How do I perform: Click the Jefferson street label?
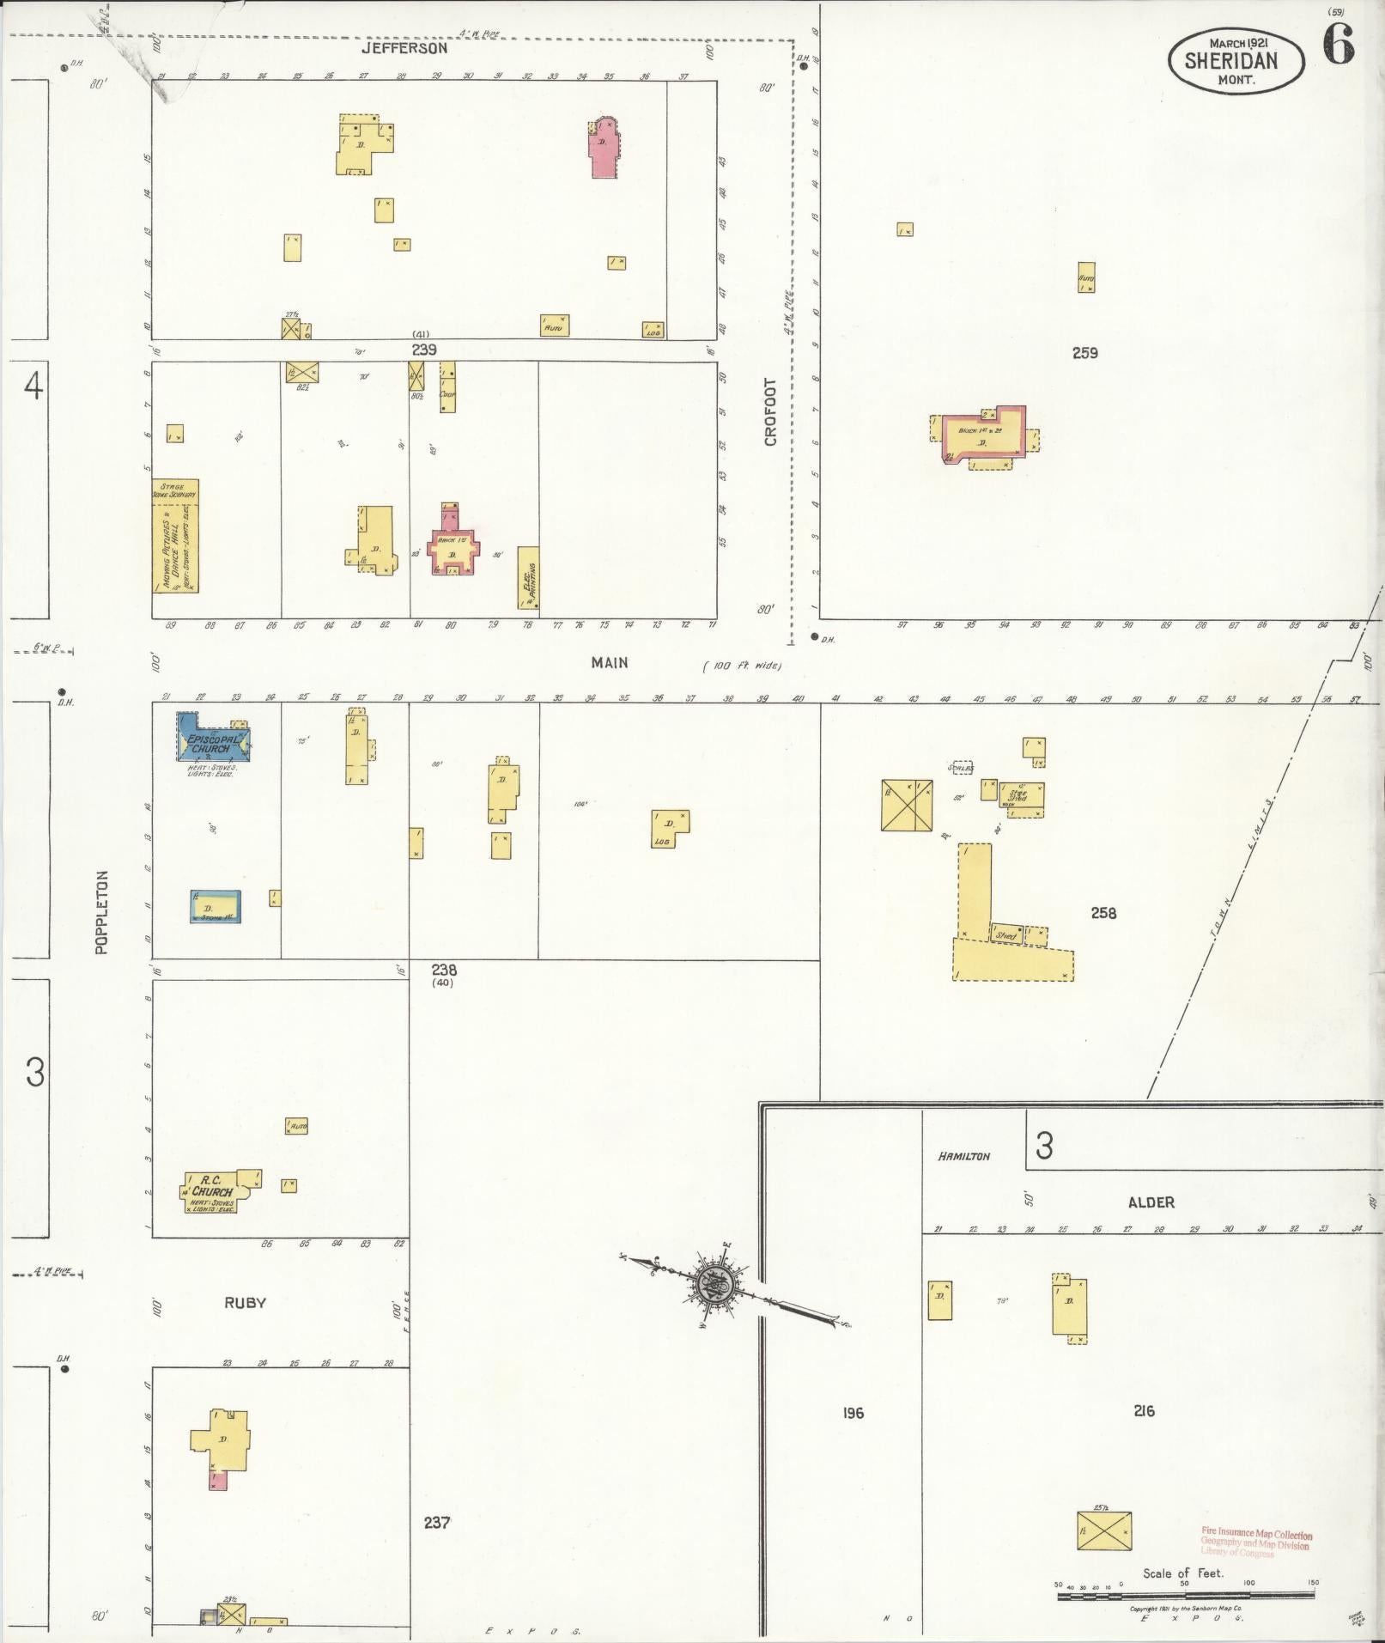coord(404,49)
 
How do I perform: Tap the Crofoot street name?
coord(770,412)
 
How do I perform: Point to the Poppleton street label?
coord(101,912)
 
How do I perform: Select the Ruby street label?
coord(246,1303)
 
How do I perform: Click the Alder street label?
coord(1151,1202)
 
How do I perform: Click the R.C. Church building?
coord(215,1191)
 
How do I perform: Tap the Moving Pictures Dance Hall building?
coord(176,537)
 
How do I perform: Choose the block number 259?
coord(1084,352)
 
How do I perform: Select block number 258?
coord(1103,913)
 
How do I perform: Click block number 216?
coord(1144,1410)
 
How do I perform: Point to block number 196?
coord(853,1413)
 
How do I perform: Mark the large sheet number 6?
coord(1338,44)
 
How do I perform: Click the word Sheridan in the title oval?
coord(1230,60)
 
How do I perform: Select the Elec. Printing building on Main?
coord(528,578)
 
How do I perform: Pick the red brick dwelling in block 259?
coord(983,436)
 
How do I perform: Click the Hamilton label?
coord(963,1156)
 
